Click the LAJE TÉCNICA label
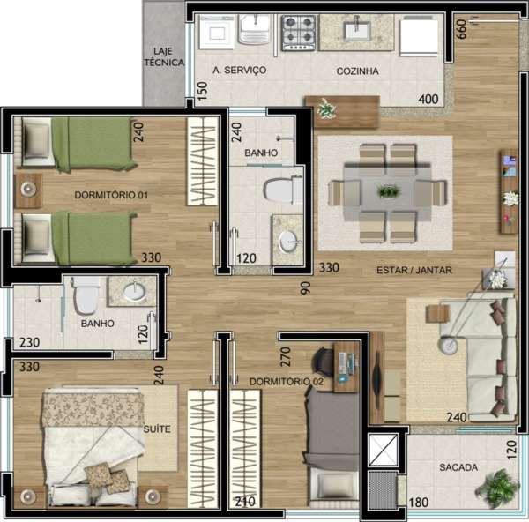coord(164,56)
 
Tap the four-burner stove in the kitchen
coord(299,33)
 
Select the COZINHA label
coord(357,71)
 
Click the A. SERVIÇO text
coord(240,71)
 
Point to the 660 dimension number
coord(461,29)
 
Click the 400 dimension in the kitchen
coord(428,100)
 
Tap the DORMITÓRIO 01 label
coord(111,195)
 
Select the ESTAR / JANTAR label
coord(414,270)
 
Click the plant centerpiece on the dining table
coord(389,191)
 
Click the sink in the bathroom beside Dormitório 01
coord(289,240)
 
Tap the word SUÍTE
coord(157,429)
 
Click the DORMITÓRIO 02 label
coord(287,382)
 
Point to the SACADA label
coord(458,467)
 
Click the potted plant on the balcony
coord(496,487)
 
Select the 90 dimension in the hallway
coord(305,288)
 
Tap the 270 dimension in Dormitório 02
coord(285,356)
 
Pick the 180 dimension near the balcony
coord(418,503)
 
